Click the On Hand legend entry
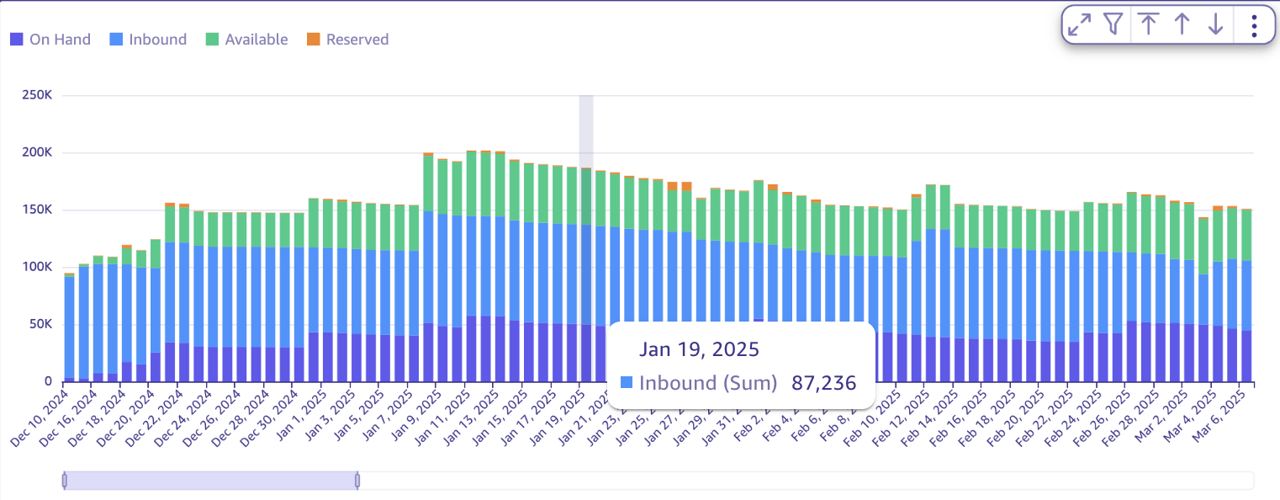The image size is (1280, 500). pyautogui.click(x=50, y=40)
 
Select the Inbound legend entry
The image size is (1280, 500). pyautogui.click(x=149, y=40)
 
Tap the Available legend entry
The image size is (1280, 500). pyautogui.click(x=247, y=40)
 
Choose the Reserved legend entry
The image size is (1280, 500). pyautogui.click(x=347, y=40)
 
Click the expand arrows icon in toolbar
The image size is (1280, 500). pyautogui.click(x=1079, y=24)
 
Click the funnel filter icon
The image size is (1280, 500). pyautogui.click(x=1113, y=24)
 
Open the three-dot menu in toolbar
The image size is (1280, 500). pyautogui.click(x=1254, y=25)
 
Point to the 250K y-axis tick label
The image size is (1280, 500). pyautogui.click(x=37, y=96)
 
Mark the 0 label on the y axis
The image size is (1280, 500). pyautogui.click(x=48, y=381)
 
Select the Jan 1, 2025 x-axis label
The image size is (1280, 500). pyautogui.click(x=301, y=409)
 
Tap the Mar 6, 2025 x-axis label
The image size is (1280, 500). pyautogui.click(x=1222, y=409)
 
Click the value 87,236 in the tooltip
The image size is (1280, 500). pyautogui.click(x=823, y=383)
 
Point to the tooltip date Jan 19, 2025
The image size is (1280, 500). pyautogui.click(x=699, y=348)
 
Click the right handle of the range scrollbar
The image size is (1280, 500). pyautogui.click(x=357, y=481)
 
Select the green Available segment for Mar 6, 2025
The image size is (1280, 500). pyautogui.click(x=1246, y=235)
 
